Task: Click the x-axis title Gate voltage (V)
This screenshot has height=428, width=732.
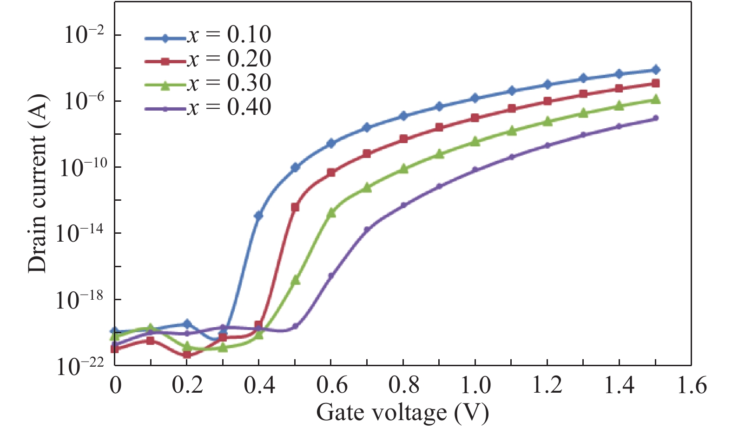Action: tap(402, 412)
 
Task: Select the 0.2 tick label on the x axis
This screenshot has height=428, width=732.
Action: tap(187, 386)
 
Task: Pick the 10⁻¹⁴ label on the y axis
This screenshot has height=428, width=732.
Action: tap(79, 233)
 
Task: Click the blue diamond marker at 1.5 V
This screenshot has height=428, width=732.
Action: tap(656, 70)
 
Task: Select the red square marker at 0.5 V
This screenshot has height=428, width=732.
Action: tap(295, 207)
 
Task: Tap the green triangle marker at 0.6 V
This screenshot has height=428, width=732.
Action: tap(331, 213)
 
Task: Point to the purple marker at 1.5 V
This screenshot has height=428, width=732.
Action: tap(656, 118)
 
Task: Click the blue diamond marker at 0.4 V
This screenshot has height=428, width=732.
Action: tap(258, 215)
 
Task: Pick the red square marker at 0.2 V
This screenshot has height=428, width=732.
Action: tap(187, 355)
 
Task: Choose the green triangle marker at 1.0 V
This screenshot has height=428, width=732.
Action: tap(475, 142)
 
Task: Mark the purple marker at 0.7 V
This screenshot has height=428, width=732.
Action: tap(367, 230)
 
